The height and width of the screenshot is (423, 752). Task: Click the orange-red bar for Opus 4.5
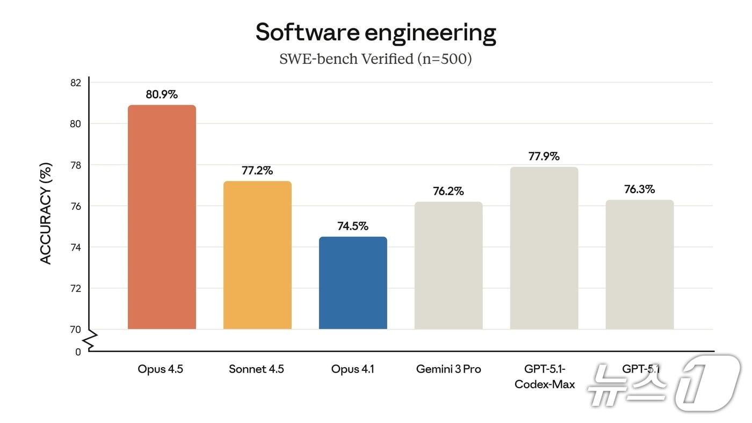pyautogui.click(x=162, y=217)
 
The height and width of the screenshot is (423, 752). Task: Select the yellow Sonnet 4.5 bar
pyautogui.click(x=257, y=255)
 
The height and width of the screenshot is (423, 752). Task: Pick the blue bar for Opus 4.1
pyautogui.click(x=353, y=283)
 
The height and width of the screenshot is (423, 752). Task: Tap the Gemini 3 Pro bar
pyautogui.click(x=449, y=266)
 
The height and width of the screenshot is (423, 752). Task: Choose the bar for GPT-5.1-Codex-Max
pyautogui.click(x=544, y=248)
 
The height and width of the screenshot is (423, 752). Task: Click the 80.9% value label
pyautogui.click(x=162, y=94)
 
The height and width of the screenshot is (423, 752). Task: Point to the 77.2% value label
pyautogui.click(x=257, y=171)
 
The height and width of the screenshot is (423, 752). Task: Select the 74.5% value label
pyautogui.click(x=353, y=226)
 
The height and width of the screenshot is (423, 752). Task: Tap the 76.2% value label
pyautogui.click(x=449, y=191)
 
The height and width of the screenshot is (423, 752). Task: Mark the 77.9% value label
pyautogui.click(x=544, y=156)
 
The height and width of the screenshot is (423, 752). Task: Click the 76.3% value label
pyautogui.click(x=640, y=189)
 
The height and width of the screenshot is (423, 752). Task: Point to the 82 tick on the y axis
pyautogui.click(x=75, y=83)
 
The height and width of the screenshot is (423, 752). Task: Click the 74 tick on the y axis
pyautogui.click(x=75, y=247)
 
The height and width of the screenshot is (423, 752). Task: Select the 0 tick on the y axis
pyautogui.click(x=78, y=352)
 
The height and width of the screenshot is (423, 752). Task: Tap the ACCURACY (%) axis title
pyautogui.click(x=46, y=214)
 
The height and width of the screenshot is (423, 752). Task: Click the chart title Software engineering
pyautogui.click(x=375, y=32)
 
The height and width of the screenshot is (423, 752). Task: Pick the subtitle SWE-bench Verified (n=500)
pyautogui.click(x=375, y=59)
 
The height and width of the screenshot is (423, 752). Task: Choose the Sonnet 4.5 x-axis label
pyautogui.click(x=256, y=369)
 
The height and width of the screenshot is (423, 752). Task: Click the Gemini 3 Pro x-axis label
pyautogui.click(x=449, y=369)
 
